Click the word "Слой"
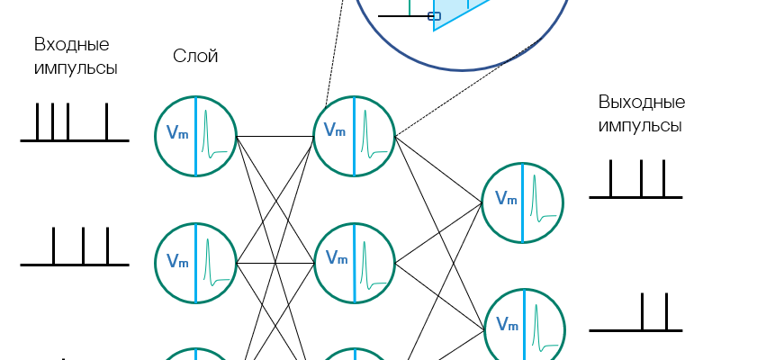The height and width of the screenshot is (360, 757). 195,57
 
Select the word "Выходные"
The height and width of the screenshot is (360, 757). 641,102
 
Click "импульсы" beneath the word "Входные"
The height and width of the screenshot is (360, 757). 76,68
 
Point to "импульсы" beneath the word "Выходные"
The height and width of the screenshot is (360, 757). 639,125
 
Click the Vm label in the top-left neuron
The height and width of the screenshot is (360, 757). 177,133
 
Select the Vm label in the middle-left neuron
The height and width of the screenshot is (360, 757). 177,261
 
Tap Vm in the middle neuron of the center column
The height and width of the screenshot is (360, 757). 337,258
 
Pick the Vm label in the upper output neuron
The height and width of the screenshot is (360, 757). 506,198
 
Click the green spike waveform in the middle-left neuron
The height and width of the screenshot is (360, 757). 212,262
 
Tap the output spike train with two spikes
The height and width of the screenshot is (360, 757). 635,315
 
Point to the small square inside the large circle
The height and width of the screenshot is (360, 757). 435,16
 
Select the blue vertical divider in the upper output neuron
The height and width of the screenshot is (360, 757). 523,202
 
